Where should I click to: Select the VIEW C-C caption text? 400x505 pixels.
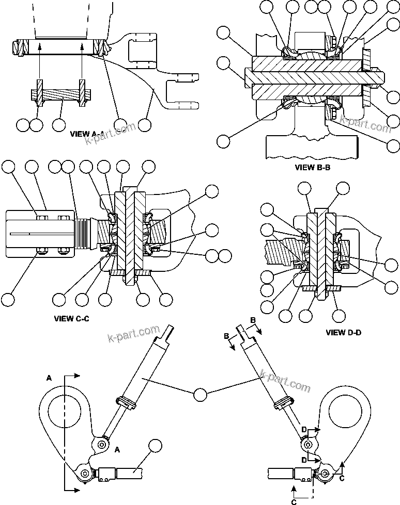71,318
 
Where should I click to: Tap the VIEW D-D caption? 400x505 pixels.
343,333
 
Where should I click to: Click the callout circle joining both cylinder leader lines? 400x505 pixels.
200,395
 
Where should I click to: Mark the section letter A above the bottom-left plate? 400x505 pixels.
49,378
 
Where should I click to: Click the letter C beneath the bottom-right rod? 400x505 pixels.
293,500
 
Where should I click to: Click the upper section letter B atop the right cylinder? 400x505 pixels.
253,320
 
